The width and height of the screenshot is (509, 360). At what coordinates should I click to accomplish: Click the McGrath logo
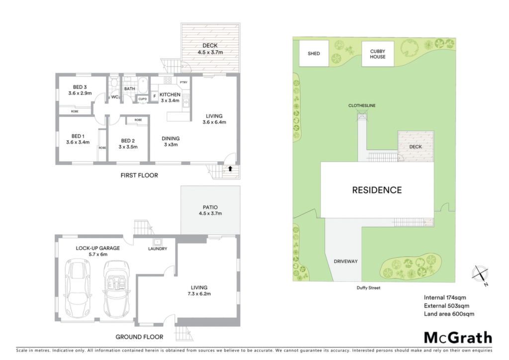pyautogui.click(x=458, y=338)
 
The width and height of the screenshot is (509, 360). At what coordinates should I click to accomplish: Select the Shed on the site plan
pyautogui.click(x=314, y=54)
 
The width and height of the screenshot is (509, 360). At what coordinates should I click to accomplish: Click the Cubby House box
pyautogui.click(x=378, y=54)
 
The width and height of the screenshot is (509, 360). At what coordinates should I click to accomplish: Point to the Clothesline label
pyautogui.click(x=362, y=105)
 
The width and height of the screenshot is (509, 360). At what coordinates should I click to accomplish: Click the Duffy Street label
pyautogui.click(x=368, y=287)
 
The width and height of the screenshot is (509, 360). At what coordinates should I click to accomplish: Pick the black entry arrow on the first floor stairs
pyautogui.click(x=230, y=169)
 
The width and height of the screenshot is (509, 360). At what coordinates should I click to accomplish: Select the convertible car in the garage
pyautogui.click(x=116, y=289)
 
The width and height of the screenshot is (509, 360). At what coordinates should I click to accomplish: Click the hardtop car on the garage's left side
pyautogui.click(x=78, y=289)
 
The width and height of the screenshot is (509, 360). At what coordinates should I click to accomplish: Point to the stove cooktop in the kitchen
pyautogui.click(x=168, y=80)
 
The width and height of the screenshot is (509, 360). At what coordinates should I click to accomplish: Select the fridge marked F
pyautogui.click(x=155, y=96)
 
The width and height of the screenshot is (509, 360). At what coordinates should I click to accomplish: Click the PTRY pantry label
pyautogui.click(x=184, y=83)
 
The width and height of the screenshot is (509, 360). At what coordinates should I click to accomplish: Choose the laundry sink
pyautogui.click(x=158, y=242)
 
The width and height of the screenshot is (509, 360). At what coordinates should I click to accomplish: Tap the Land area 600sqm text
pyautogui.click(x=449, y=314)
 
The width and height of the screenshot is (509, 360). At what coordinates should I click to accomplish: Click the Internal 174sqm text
pyautogui.click(x=445, y=297)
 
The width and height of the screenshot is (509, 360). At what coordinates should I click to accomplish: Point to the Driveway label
pyautogui.click(x=346, y=262)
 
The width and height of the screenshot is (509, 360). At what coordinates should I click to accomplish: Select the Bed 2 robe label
pyautogui.click(x=138, y=120)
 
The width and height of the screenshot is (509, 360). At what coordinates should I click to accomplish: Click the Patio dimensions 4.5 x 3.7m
pyautogui.click(x=210, y=213)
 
